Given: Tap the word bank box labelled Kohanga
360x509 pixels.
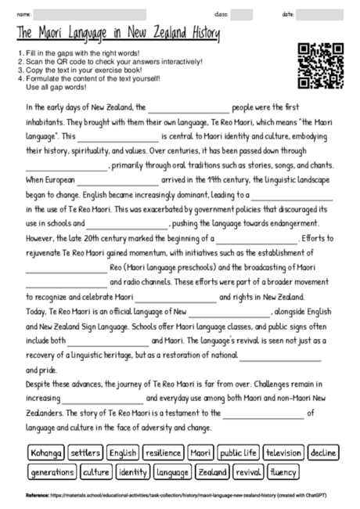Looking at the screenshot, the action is tap(45, 453).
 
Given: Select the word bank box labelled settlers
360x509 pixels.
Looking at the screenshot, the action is tap(85, 453).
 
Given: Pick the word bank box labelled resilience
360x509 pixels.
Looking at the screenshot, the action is tap(163, 453).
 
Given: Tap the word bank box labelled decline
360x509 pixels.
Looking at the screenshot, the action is tap(322, 453).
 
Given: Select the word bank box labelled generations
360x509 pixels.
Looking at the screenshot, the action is tap(51, 472).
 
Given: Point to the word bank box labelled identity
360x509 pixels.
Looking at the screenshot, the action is tap(132, 472).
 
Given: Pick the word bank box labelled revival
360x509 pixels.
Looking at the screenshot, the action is tap(248, 472).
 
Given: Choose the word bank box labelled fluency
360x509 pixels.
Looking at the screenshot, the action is tap(283, 472).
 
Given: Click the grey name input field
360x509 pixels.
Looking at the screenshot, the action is tap(89, 14).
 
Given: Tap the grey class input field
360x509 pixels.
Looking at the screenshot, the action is tap(241, 14).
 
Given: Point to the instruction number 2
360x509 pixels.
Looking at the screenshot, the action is tap(18, 61).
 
